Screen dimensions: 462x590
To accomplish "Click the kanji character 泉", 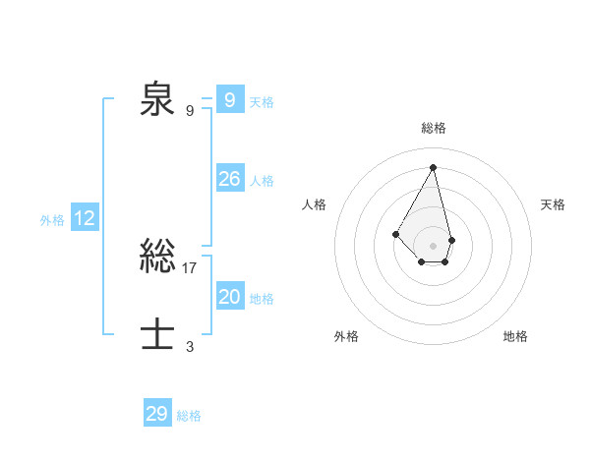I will (156, 100).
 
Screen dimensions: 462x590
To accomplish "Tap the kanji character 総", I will (156, 258).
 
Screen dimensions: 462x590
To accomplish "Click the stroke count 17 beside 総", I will (190, 267).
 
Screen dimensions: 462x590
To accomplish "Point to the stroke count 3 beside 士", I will (190, 346).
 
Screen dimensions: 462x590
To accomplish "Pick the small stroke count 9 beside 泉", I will (190, 110).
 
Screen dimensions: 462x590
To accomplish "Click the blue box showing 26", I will (230, 179).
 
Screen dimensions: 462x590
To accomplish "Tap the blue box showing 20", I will (230, 297).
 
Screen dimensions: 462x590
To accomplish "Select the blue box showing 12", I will (85, 218).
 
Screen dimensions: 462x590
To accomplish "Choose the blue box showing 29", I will (157, 414).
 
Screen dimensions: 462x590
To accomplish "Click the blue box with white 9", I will (230, 100).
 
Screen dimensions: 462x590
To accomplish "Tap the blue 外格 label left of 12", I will (52, 220).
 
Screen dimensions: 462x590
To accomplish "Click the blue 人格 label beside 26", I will (262, 181).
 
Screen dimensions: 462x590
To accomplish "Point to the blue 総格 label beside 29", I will (189, 416).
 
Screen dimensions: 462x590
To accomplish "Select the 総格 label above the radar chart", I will (434, 128).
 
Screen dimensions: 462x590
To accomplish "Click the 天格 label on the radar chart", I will (554, 204).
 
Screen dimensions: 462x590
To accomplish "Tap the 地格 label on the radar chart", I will (515, 336).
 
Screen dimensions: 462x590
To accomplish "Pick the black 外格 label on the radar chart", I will (346, 336).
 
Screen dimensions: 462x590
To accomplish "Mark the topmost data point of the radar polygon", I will (434, 167).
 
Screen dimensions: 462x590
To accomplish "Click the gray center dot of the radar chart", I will (434, 245).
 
